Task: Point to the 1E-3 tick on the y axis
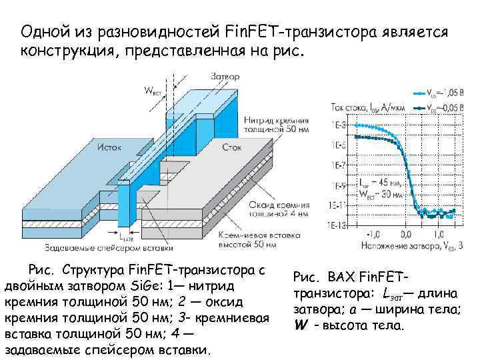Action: pos(338,125)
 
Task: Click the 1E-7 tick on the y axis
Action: pos(338,164)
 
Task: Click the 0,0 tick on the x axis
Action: pos(405,235)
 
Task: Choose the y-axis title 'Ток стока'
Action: pos(367,107)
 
